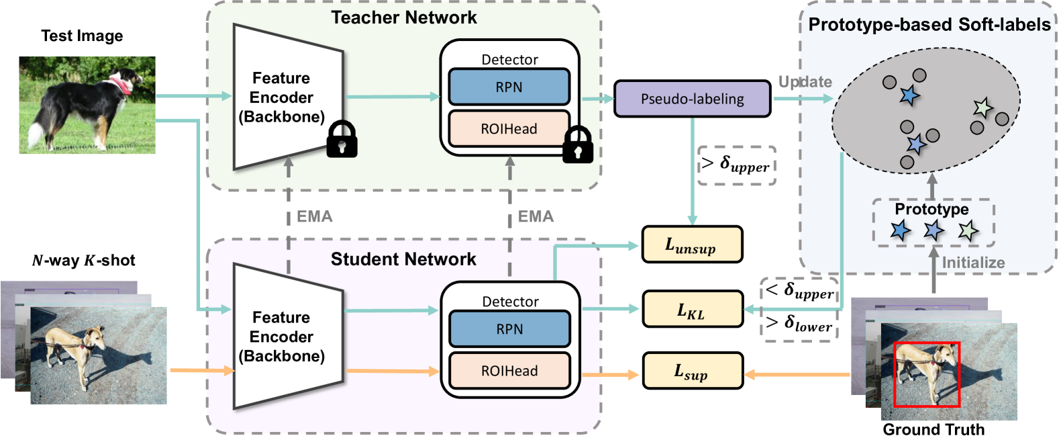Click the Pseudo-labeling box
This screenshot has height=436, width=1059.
pyautogui.click(x=692, y=99)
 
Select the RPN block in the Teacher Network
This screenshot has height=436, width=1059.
pyautogui.click(x=509, y=87)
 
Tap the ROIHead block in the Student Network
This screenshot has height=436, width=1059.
pyautogui.click(x=509, y=371)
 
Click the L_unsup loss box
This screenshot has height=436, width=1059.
pyautogui.click(x=692, y=245)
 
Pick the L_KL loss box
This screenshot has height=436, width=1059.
pyautogui.click(x=692, y=309)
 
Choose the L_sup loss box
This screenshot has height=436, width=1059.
pyautogui.click(x=692, y=371)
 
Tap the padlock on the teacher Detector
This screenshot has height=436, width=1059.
pyautogui.click(x=578, y=145)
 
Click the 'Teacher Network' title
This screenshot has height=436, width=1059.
pyautogui.click(x=404, y=17)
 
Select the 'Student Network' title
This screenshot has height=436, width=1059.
pyautogui.click(x=403, y=259)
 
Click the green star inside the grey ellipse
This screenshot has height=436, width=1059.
pyautogui.click(x=982, y=108)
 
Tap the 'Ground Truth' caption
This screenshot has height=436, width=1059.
pyautogui.click(x=934, y=429)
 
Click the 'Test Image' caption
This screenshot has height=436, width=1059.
pyautogui.click(x=82, y=36)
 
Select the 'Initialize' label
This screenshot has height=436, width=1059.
pyautogui.click(x=973, y=262)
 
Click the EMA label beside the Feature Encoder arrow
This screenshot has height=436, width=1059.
pyautogui.click(x=314, y=216)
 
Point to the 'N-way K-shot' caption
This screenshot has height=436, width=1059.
pyautogui.click(x=84, y=261)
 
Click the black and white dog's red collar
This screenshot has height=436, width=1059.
pyautogui.click(x=122, y=84)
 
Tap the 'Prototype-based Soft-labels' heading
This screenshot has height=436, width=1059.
pyautogui.click(x=929, y=25)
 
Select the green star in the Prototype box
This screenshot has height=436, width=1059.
pyautogui.click(x=968, y=231)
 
